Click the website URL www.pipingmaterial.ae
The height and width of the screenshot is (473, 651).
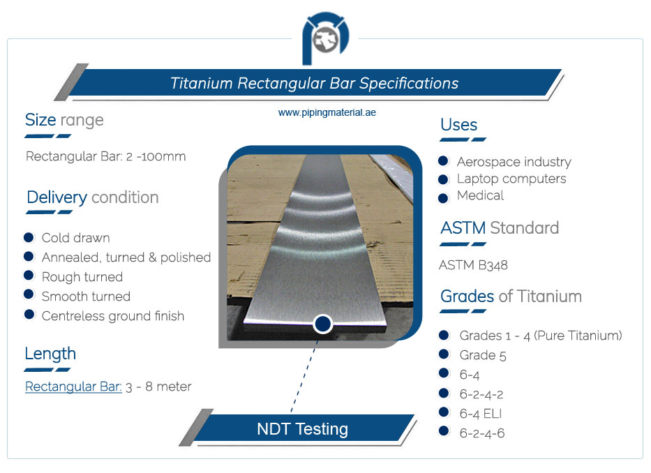(x=327, y=112)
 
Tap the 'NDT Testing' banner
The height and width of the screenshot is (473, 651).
(x=302, y=428)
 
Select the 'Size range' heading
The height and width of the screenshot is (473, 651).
(x=64, y=120)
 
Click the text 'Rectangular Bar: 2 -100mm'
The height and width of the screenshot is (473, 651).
(x=105, y=156)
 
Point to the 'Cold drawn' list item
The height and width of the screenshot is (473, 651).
(x=75, y=238)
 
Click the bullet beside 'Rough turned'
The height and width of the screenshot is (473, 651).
(x=29, y=276)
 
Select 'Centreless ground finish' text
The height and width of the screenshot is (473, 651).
(x=112, y=316)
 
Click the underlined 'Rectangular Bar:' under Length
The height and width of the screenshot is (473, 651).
(x=73, y=386)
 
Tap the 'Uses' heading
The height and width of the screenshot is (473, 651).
(x=458, y=125)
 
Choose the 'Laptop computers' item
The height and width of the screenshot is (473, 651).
(x=511, y=179)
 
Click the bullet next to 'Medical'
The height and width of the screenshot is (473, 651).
(x=443, y=197)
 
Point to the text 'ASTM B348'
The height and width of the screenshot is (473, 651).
(x=473, y=265)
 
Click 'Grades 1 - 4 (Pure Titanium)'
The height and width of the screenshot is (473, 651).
(x=540, y=336)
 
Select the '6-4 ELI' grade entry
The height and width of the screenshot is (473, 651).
(x=480, y=414)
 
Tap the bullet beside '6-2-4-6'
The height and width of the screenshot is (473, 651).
(x=443, y=432)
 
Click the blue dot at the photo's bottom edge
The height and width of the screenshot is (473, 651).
(x=322, y=324)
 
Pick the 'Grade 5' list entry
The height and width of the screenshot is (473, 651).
(x=482, y=355)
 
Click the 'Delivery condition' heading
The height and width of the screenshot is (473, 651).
(x=92, y=197)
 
